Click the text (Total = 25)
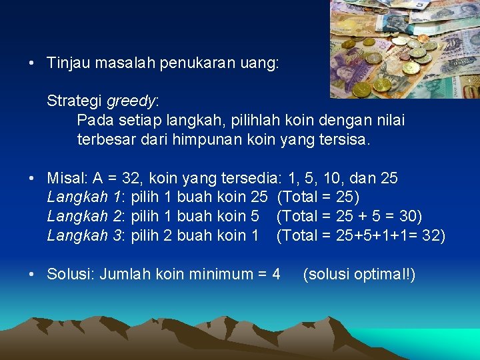point(317,197)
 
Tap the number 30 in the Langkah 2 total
point(407,217)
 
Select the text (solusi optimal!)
point(359,274)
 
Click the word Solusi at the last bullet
point(69,274)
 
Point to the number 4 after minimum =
point(276,274)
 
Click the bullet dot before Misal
point(31,179)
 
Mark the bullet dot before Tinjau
point(31,64)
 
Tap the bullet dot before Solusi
point(31,274)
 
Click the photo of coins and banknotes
point(404,49)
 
